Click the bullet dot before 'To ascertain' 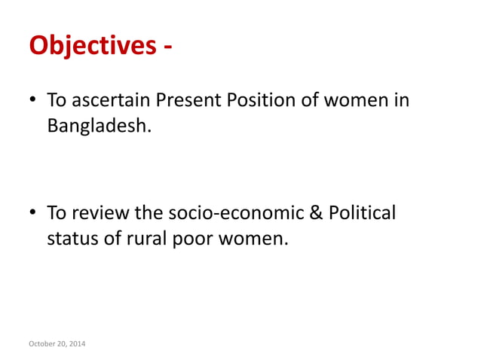[x=34, y=100]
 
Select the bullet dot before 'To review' [x=34, y=214]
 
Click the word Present [x=185, y=100]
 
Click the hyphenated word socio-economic [x=240, y=214]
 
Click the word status [x=70, y=239]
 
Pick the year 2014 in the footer [x=77, y=344]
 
